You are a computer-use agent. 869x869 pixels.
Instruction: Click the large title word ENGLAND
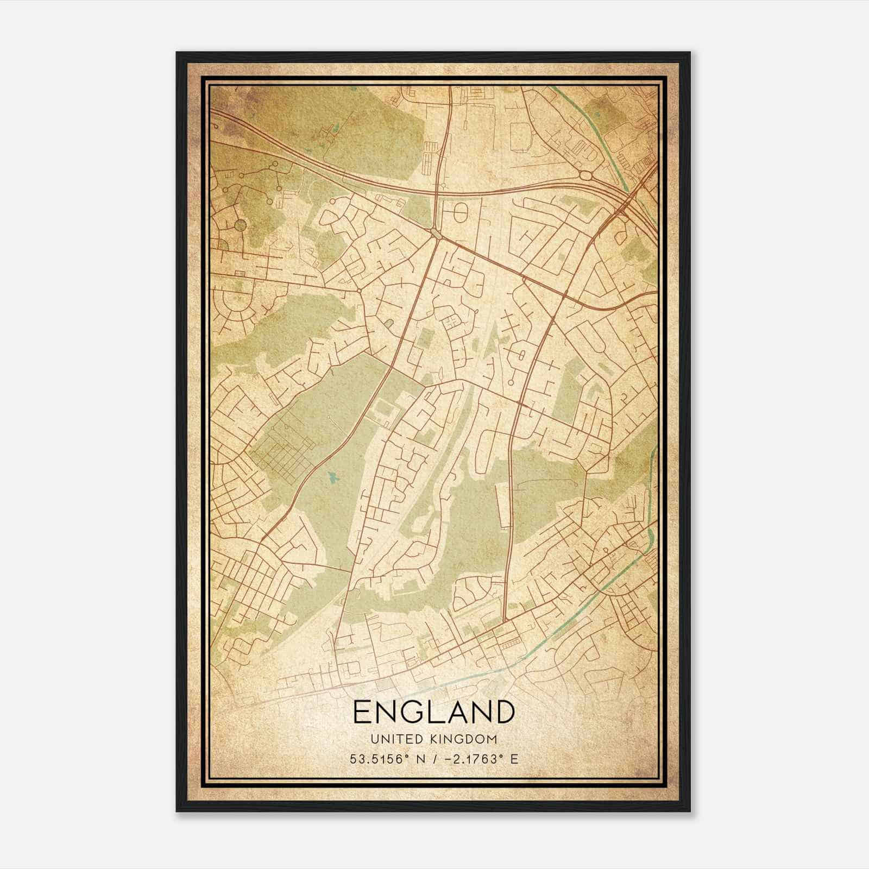433,712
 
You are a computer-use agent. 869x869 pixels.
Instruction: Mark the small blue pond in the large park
333,477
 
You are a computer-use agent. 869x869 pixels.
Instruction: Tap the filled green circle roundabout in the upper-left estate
240,225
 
